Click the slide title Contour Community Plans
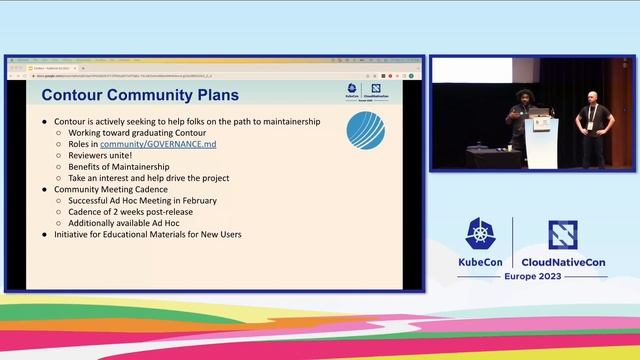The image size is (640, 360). (139, 95)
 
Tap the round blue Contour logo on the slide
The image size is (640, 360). (366, 131)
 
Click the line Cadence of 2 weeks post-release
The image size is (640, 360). (159, 212)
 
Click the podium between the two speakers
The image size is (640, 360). (541, 136)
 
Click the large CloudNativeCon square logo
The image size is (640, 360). (562, 235)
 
